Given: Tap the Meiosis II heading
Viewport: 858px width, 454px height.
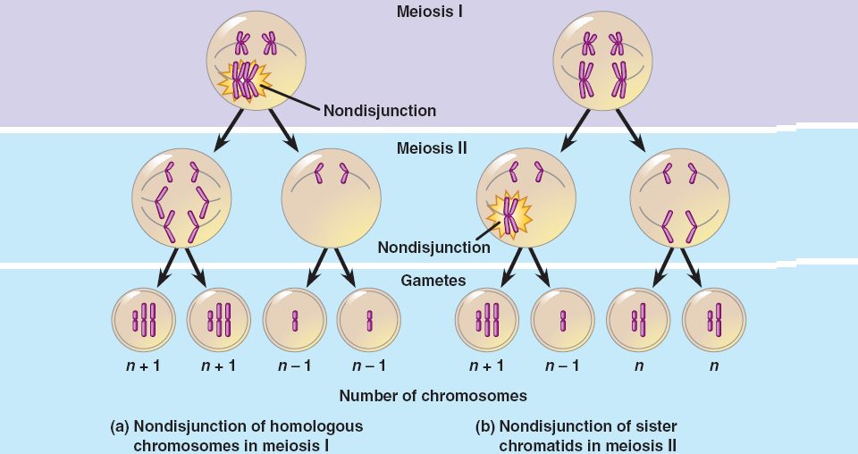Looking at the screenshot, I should click(433, 148).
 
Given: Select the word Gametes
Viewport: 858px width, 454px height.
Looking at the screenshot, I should click(433, 281).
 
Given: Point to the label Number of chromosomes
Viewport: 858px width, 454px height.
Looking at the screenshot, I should click(433, 395).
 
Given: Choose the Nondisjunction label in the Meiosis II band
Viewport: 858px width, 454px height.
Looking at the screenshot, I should click(433, 248).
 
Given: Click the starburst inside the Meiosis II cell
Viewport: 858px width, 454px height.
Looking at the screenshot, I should click(509, 215).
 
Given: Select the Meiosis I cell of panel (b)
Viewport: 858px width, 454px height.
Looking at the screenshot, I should click(602, 63).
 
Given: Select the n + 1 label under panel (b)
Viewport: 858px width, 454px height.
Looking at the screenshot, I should click(487, 366).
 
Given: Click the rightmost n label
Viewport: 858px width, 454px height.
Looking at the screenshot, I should click(714, 366).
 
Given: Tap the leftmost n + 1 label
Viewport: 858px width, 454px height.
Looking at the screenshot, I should click(144, 366).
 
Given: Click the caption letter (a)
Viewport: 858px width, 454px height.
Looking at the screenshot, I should click(120, 426).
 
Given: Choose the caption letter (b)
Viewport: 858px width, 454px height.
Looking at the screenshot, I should click(485, 426).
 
